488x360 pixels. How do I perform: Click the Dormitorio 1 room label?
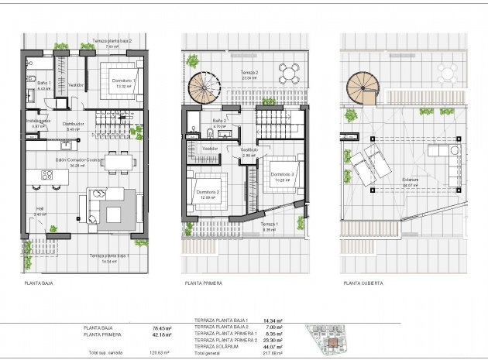click(124, 81)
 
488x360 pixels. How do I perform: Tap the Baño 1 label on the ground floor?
click(43, 82)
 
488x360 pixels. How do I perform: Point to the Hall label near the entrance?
click(40, 209)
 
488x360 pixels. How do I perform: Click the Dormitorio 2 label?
click(208, 192)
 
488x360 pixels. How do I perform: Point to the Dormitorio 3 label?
click(284, 175)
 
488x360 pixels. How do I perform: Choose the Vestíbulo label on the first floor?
click(249, 149)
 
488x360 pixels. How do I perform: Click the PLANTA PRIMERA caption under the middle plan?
click(204, 283)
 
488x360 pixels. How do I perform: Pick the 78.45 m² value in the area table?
click(162, 327)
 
